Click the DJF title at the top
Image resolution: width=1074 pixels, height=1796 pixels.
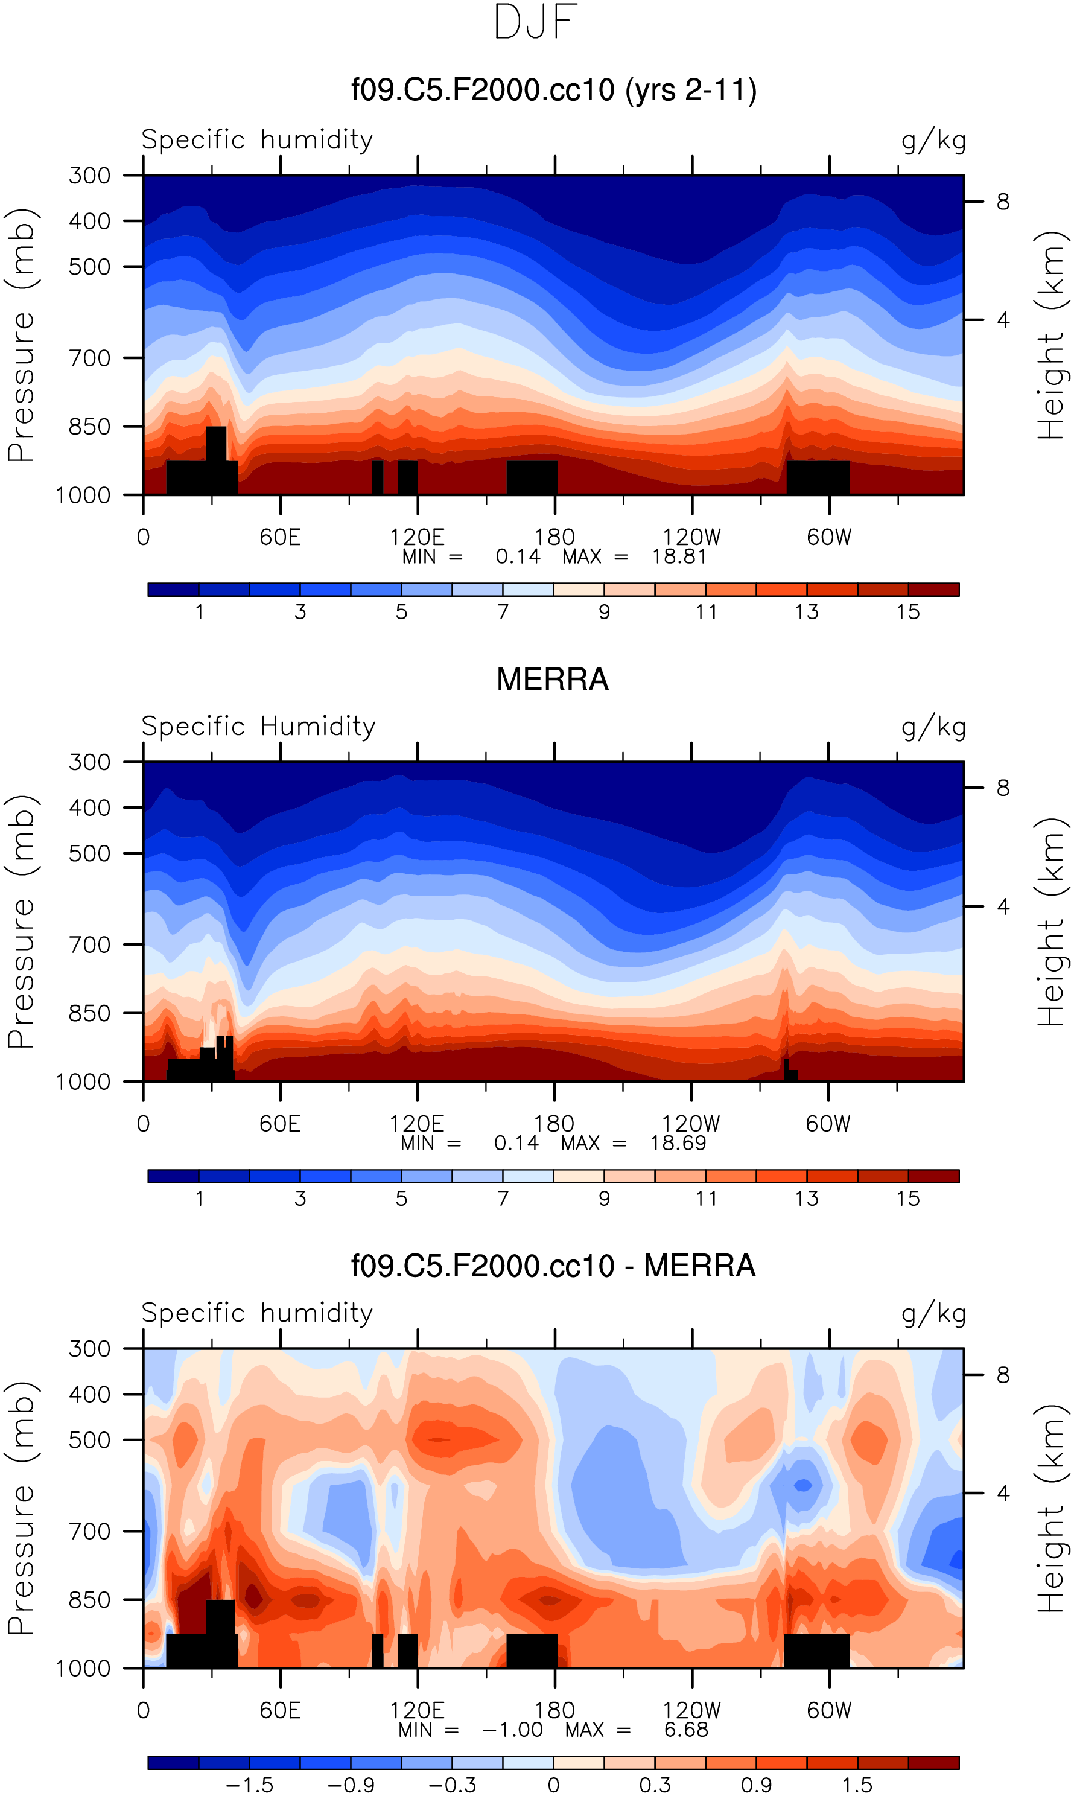(x=536, y=22)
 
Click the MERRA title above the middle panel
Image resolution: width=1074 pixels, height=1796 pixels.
(x=552, y=680)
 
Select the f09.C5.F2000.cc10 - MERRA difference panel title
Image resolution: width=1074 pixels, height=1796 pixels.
(x=553, y=1266)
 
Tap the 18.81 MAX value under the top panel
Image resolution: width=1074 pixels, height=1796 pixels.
(x=678, y=556)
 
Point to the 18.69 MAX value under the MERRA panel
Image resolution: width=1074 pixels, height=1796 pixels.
(x=678, y=1143)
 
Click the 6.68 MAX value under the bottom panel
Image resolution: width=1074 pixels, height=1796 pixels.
(x=685, y=1730)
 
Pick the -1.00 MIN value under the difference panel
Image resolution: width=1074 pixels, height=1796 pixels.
(x=512, y=1730)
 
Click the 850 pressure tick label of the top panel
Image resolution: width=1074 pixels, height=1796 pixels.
(x=90, y=427)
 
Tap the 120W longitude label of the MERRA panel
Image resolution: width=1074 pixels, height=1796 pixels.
(x=690, y=1124)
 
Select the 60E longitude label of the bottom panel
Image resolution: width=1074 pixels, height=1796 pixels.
(x=280, y=1710)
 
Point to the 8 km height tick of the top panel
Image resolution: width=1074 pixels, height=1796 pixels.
(x=1002, y=202)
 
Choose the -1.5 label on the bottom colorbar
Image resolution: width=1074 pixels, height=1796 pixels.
(x=249, y=1785)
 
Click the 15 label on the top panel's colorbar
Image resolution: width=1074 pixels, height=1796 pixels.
(x=907, y=613)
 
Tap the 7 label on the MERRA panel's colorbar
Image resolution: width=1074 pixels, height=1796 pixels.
(x=503, y=1199)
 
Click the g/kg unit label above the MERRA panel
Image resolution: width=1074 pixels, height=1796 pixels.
(x=933, y=727)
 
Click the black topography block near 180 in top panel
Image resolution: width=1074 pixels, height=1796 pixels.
(x=532, y=477)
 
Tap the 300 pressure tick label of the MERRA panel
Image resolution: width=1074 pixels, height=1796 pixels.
(x=90, y=762)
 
